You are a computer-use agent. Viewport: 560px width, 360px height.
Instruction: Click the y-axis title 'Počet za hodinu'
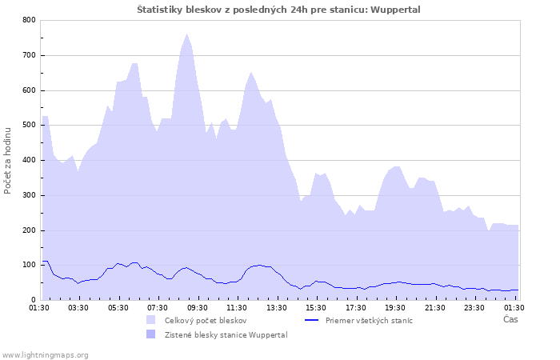pos(8,159)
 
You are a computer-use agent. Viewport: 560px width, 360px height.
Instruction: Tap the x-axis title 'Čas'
pos(510,319)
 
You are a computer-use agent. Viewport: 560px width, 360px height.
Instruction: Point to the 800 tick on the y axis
pos(28,20)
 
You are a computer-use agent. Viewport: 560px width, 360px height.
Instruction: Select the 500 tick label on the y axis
pos(28,126)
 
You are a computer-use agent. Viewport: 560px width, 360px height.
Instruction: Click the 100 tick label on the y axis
pos(28,266)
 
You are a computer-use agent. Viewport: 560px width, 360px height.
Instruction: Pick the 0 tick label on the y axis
pos(33,300)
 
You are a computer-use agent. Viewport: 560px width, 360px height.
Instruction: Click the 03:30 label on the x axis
pos(78,307)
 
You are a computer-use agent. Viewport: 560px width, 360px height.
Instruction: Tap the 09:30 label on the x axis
pos(197,307)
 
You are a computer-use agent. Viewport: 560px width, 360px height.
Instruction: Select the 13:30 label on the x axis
pos(276,307)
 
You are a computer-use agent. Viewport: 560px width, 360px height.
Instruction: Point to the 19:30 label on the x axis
pos(395,307)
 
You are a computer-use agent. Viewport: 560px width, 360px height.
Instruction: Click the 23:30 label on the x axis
pos(474,307)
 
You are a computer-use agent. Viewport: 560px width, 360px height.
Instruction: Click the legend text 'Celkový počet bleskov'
pos(206,320)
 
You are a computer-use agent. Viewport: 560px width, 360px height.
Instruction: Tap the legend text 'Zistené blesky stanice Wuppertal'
pos(226,334)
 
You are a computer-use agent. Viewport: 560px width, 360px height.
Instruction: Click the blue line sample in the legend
pos(311,320)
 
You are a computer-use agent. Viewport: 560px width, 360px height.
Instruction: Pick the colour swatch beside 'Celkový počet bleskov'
pos(150,320)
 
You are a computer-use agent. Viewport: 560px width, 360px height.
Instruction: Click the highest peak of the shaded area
pos(187,34)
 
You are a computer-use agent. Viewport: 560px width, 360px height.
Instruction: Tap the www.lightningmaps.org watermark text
pos(45,354)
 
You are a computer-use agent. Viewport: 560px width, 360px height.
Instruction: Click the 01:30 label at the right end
pos(514,307)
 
